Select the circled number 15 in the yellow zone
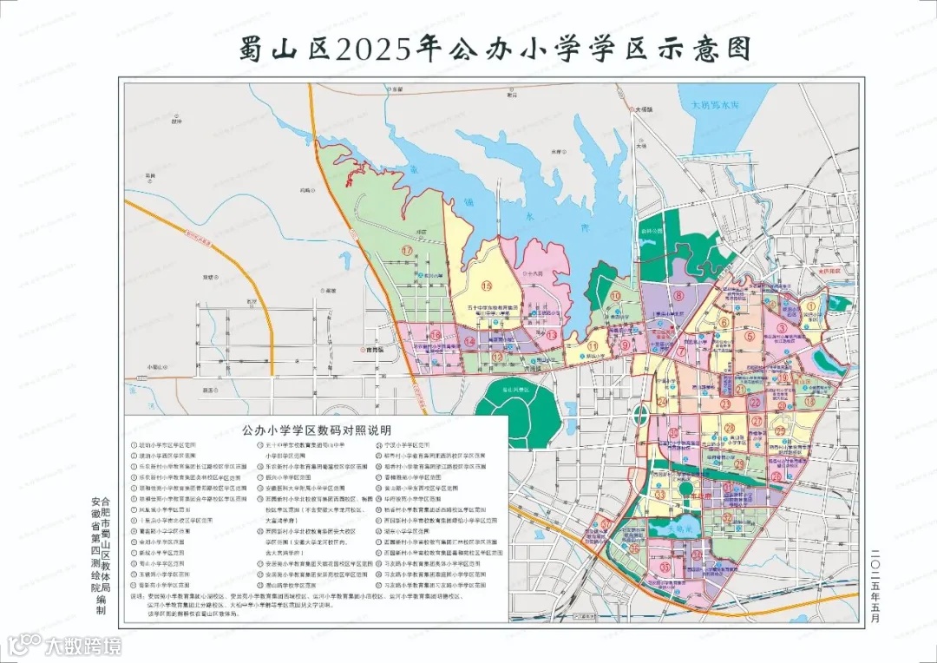487,286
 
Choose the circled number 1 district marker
811,305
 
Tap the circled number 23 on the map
725,404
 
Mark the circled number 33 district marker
661,495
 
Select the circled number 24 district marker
662,401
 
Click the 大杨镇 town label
643,110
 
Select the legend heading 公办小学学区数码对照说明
317,429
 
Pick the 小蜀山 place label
157,367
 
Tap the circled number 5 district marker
748,337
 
